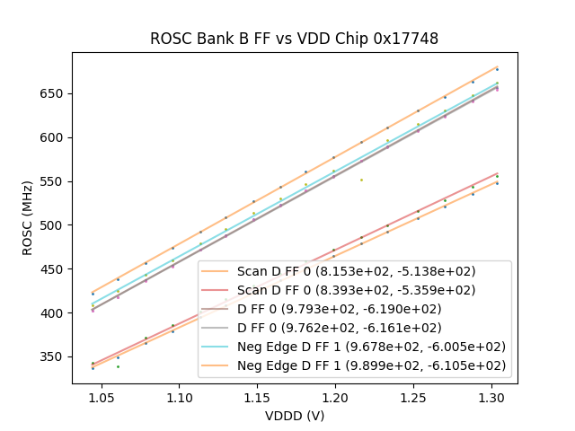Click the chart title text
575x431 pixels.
(294, 39)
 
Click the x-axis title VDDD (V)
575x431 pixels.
(294, 416)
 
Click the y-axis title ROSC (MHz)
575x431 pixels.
(29, 218)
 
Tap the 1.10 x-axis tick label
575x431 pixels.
(180, 396)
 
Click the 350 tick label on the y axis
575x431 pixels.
(52, 357)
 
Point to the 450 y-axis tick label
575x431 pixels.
(52, 269)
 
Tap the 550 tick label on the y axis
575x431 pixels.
(52, 181)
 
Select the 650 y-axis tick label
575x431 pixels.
(52, 93)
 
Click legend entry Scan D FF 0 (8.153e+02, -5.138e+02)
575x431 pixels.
(357, 271)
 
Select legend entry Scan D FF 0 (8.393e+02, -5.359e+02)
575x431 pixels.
(357, 290)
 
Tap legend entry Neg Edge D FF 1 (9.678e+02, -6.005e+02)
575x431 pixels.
(371, 347)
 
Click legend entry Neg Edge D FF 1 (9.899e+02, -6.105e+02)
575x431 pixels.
(371, 365)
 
